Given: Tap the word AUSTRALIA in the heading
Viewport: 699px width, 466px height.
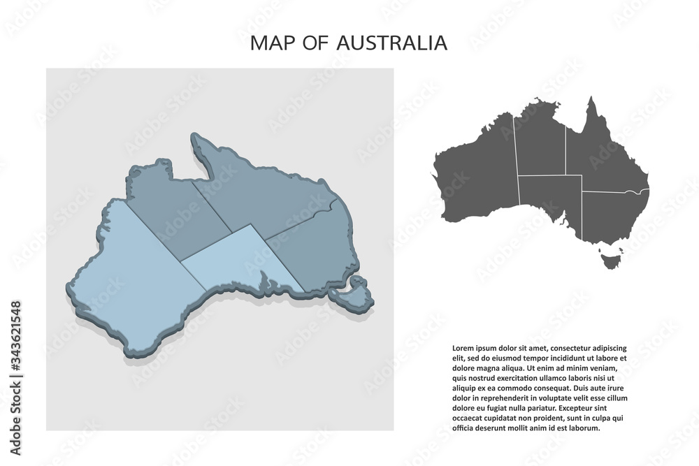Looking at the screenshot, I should click(x=391, y=43).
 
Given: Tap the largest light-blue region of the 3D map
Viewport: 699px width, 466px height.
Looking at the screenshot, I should click(x=133, y=272).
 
